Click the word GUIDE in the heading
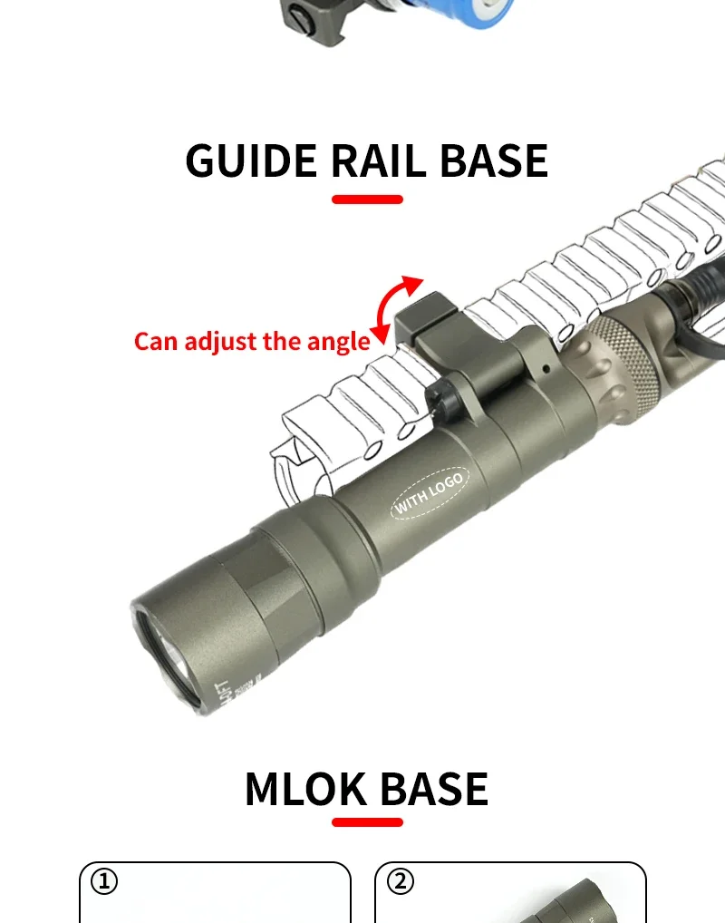[x=251, y=160]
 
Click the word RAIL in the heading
[x=378, y=160]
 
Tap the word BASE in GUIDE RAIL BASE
[x=494, y=160]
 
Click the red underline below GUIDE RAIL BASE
[x=367, y=199]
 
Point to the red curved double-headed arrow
[x=396, y=309]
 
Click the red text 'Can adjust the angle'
[x=252, y=342]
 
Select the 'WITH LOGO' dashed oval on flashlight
[x=429, y=493]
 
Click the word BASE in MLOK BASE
[x=433, y=790]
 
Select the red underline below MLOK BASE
[x=367, y=822]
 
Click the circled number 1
[x=105, y=880]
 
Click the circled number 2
[x=400, y=880]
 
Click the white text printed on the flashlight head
[x=223, y=694]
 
